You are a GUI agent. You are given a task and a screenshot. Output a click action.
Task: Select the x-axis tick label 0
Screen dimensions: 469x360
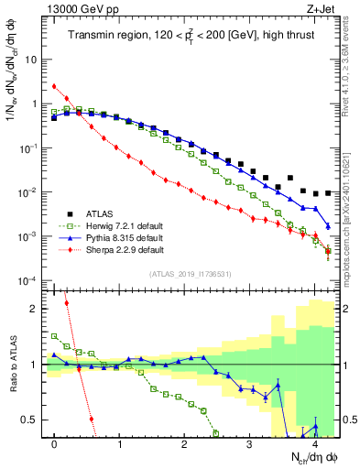click(x=55, y=443)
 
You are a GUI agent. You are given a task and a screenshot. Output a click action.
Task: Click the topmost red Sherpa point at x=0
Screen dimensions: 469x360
click(x=55, y=87)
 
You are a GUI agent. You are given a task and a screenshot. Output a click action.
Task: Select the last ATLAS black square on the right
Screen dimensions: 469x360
click(x=328, y=193)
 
